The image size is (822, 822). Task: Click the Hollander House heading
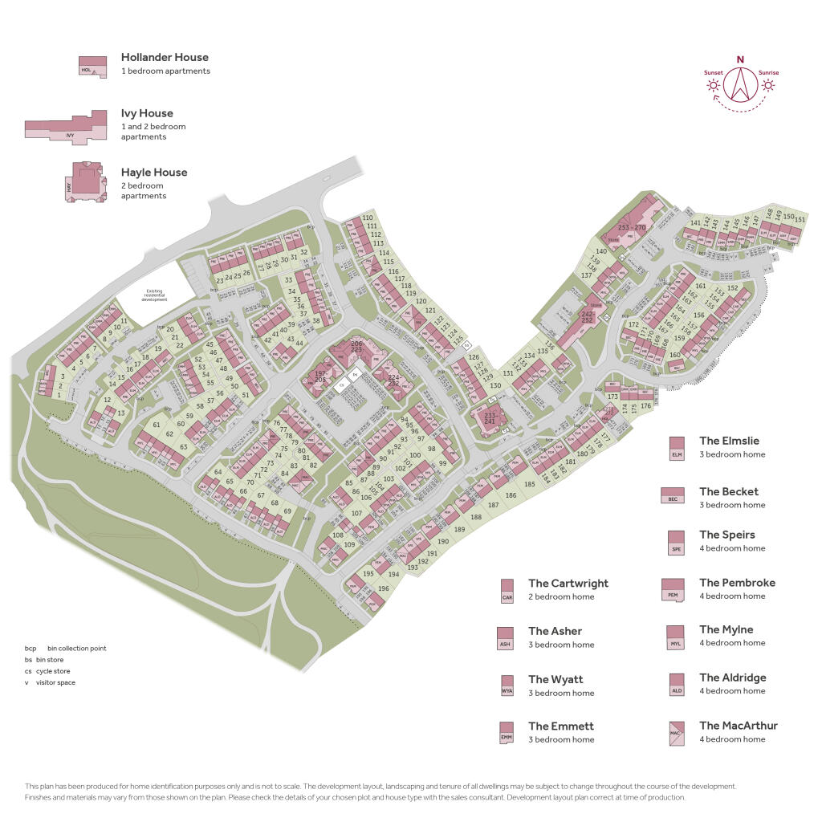165,57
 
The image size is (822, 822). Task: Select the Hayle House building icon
84,182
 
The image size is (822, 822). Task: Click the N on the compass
740,59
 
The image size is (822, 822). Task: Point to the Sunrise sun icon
768,85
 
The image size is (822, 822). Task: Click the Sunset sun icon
713,85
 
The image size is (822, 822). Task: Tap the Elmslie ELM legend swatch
677,448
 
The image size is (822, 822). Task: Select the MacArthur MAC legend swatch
677,732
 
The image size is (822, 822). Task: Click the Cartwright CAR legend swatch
507,591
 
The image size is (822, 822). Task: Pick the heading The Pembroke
737,583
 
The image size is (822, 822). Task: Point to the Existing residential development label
157,295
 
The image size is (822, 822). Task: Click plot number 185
530,484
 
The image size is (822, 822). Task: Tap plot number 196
383,588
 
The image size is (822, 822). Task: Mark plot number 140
600,252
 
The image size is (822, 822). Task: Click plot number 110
368,218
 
